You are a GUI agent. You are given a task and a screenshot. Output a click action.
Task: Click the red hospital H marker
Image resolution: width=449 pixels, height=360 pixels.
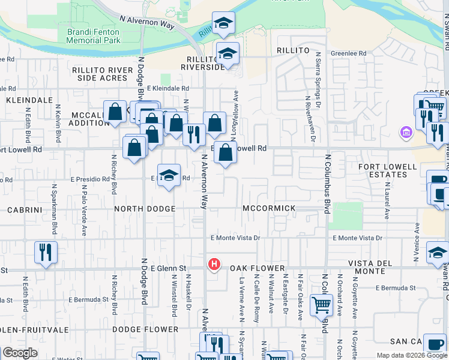click(213, 264)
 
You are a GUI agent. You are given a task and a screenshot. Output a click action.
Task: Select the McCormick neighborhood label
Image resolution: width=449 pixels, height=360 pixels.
click(269, 208)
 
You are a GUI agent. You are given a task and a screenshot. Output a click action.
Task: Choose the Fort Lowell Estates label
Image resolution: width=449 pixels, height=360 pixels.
click(387, 170)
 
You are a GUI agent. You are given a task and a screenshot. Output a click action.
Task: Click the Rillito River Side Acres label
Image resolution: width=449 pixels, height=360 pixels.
click(102, 74)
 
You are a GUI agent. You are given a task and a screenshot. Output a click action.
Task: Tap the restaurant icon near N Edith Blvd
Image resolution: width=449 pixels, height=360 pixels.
click(45, 253)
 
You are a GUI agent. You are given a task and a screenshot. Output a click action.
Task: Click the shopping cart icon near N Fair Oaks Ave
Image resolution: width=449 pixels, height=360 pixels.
click(321, 305)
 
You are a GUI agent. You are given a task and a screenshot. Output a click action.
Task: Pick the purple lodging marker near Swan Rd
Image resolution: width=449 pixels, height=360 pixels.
click(406, 132)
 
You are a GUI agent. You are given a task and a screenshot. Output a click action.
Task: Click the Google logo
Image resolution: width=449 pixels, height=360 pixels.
click(20, 353)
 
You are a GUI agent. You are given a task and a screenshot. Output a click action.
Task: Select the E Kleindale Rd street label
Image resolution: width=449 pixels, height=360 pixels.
click(167, 88)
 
